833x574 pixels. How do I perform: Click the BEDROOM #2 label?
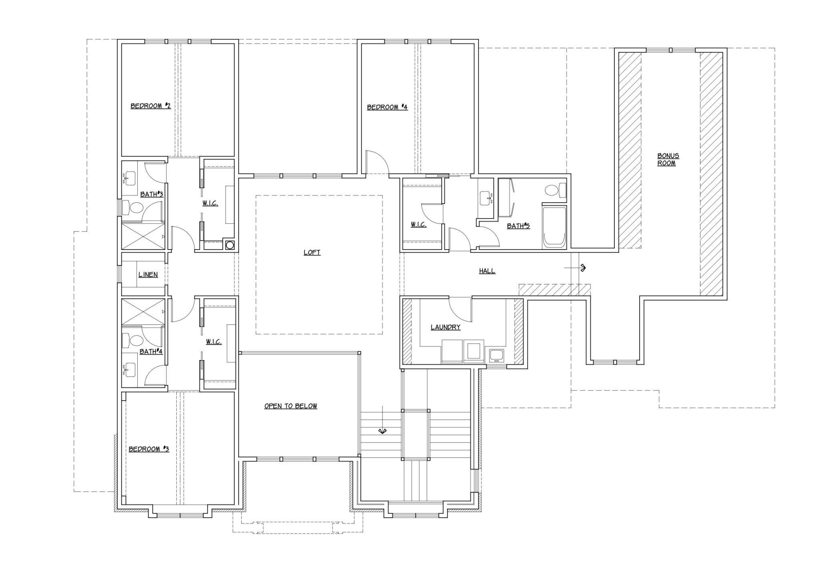click(x=151, y=106)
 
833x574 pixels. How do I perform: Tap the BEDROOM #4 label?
click(x=387, y=107)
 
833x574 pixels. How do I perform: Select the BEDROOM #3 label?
click(x=149, y=449)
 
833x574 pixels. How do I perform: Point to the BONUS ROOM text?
click(x=668, y=159)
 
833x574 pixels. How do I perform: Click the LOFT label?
click(x=312, y=252)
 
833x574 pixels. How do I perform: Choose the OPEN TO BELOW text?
click(x=291, y=406)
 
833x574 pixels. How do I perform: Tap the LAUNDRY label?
click(x=446, y=327)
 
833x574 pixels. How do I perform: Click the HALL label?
click(x=487, y=271)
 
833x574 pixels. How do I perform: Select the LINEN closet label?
click(x=148, y=275)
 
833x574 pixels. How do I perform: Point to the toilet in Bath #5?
click(x=557, y=190)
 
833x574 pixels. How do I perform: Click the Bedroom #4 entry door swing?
click(x=377, y=162)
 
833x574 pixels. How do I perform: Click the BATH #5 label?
click(x=518, y=226)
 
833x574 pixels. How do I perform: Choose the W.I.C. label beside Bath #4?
click(x=214, y=342)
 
